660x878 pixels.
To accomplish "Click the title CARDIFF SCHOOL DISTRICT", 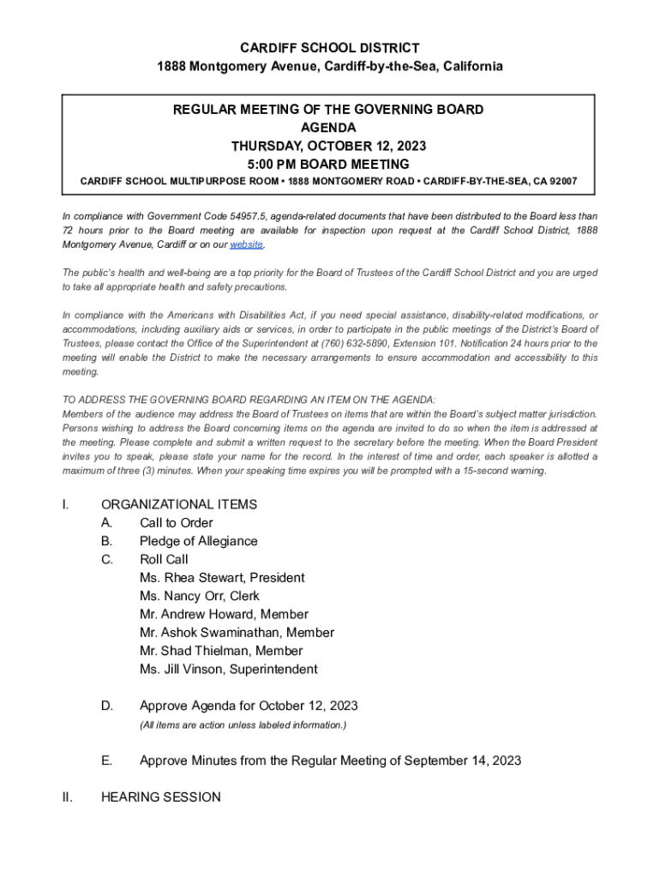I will coord(329,48).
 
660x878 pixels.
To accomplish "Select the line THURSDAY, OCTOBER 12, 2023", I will coord(329,146).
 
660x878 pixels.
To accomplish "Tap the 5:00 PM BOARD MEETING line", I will coord(329,164).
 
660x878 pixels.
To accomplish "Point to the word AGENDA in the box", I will coord(329,128).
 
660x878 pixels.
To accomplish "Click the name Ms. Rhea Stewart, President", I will coord(222,578).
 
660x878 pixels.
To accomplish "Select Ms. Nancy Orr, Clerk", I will coord(199,596).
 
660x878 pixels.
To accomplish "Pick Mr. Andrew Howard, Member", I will coord(224,614).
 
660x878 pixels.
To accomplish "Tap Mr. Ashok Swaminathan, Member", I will coord(237,633).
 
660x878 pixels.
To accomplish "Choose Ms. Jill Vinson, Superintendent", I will coord(229,669).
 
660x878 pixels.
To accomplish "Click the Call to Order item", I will coord(177,523).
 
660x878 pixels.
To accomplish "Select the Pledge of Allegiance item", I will coord(198,541).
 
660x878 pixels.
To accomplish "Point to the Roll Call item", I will coord(164,560).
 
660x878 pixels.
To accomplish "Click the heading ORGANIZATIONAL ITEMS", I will coord(179,504).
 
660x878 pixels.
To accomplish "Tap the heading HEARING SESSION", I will coord(160,797).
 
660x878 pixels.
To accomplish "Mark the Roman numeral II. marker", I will coord(67,797).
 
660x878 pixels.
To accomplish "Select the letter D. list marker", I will coord(107,707).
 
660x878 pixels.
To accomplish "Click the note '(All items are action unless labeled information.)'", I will coord(243,725).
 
